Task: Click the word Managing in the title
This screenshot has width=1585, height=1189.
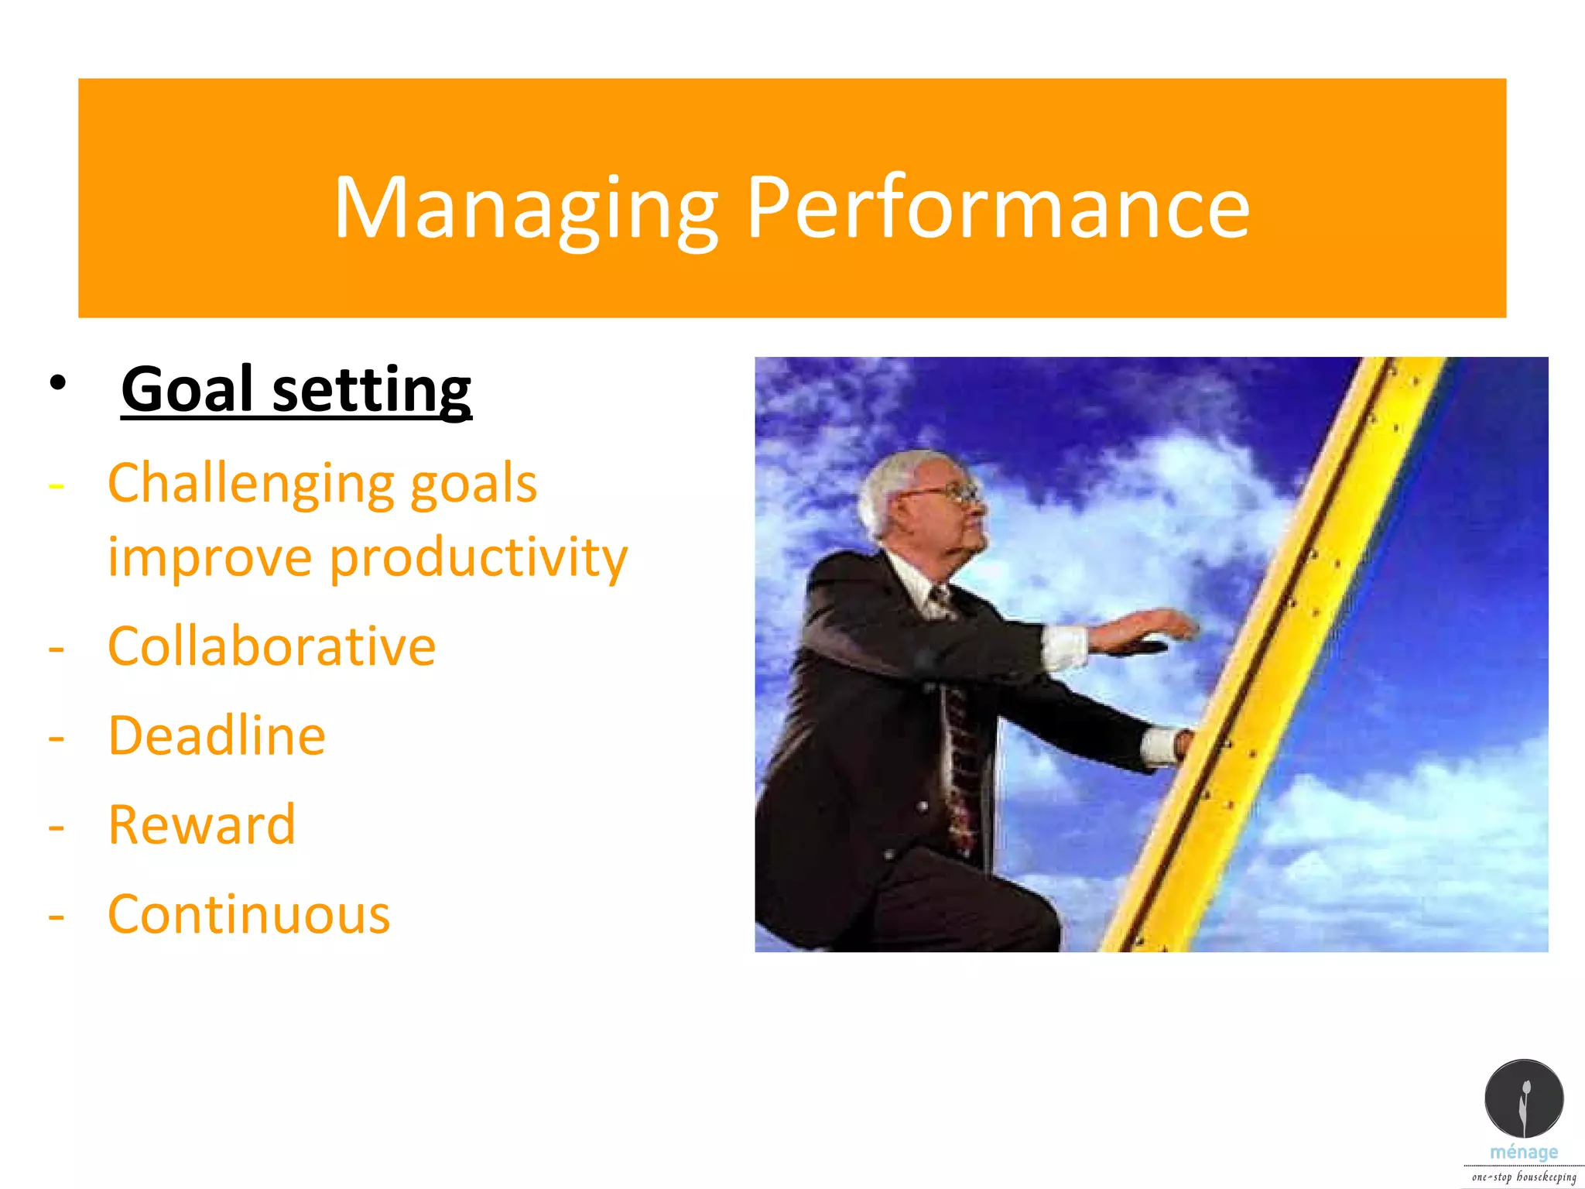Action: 526,207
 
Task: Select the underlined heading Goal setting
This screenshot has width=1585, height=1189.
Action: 296,389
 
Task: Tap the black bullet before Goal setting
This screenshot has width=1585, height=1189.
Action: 57,382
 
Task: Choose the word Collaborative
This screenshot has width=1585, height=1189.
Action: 272,646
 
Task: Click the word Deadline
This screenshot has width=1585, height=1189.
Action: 217,735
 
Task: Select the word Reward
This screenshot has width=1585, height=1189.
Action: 202,825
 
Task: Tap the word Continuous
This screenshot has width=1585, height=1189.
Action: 248,915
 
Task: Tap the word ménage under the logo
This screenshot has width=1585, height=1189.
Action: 1523,1152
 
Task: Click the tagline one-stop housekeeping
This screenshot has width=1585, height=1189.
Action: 1523,1177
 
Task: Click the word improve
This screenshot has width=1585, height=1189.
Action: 209,558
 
